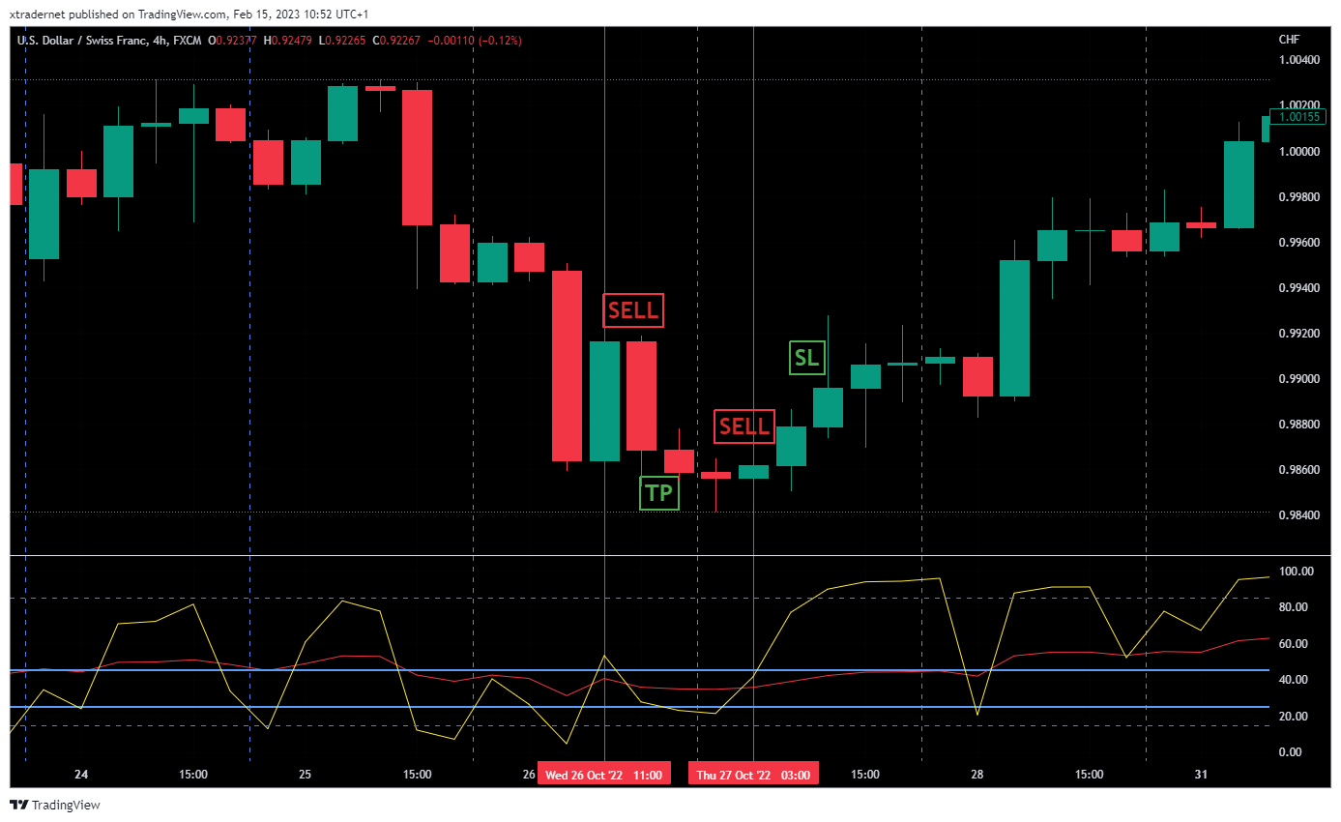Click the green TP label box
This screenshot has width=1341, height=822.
tap(659, 493)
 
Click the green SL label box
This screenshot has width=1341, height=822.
tap(805, 358)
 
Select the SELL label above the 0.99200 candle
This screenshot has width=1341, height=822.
tap(633, 310)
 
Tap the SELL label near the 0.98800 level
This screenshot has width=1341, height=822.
tap(744, 426)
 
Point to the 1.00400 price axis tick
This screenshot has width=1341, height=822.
tap(1298, 60)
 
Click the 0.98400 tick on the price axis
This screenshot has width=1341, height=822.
tap(1298, 515)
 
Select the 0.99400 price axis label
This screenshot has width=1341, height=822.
tap(1298, 288)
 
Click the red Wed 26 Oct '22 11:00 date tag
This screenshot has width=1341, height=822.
tap(603, 775)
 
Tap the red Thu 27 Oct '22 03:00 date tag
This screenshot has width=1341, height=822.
tap(753, 775)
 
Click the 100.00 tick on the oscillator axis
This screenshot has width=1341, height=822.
tap(1296, 572)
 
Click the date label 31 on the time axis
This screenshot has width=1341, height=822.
tap(1201, 775)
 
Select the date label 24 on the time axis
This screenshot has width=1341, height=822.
tap(81, 775)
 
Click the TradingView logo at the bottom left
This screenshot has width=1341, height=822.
tap(55, 805)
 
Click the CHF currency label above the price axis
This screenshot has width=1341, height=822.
tap(1289, 40)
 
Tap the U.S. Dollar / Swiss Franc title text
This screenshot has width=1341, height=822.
tap(82, 40)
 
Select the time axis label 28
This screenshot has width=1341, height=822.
tap(977, 775)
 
